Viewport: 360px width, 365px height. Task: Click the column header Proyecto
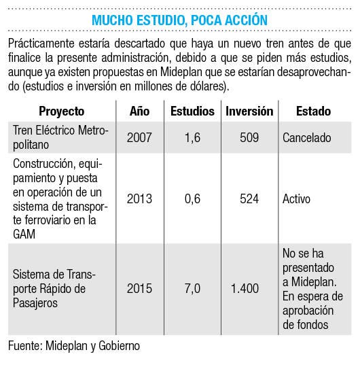point(61,111)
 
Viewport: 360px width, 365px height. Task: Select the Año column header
point(139,111)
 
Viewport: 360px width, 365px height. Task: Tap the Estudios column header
point(192,111)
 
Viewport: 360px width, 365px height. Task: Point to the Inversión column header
point(249,111)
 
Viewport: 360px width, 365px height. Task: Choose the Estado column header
point(314,111)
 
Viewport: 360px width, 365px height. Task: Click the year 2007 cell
point(139,137)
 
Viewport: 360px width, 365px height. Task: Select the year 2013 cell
point(139,198)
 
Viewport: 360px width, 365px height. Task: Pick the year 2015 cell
point(139,289)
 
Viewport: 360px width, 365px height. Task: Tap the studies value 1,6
point(192,138)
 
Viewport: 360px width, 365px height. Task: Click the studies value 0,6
point(192,199)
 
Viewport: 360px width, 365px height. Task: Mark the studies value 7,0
point(192,289)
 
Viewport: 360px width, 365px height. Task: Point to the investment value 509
point(249,137)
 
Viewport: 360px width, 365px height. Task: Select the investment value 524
point(249,198)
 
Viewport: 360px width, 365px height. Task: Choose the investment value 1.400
point(245,289)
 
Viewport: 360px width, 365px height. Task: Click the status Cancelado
point(307,137)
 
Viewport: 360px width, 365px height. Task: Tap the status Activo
point(296,198)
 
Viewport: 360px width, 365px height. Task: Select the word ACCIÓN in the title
point(247,20)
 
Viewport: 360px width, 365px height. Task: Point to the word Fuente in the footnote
point(24,346)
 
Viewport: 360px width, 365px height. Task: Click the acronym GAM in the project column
point(24,234)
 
